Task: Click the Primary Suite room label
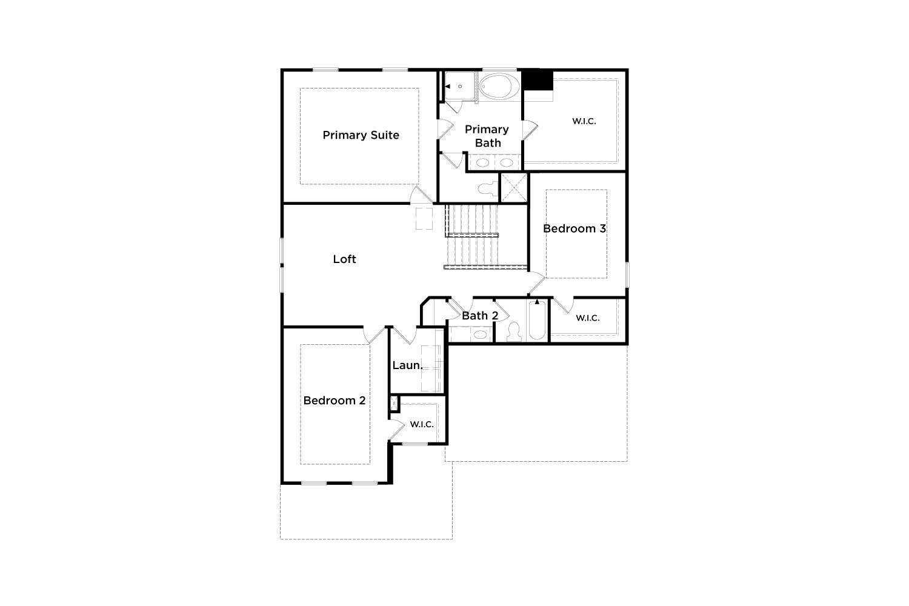click(361, 135)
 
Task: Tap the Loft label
click(344, 259)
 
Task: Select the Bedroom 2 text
click(335, 401)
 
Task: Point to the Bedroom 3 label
click(574, 228)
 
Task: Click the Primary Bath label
click(487, 136)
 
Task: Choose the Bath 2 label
click(480, 315)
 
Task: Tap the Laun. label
click(407, 365)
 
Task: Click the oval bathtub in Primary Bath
click(499, 86)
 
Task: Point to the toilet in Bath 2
click(514, 332)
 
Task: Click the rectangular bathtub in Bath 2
click(537, 320)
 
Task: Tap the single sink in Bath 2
click(481, 335)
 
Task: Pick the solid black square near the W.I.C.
click(537, 81)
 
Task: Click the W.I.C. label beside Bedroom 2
click(422, 425)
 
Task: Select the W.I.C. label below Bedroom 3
click(588, 318)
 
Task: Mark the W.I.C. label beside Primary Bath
click(584, 121)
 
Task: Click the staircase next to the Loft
click(472, 237)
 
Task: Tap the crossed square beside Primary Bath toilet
click(514, 187)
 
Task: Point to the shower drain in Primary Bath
click(460, 87)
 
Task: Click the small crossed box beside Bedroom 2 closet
click(394, 404)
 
